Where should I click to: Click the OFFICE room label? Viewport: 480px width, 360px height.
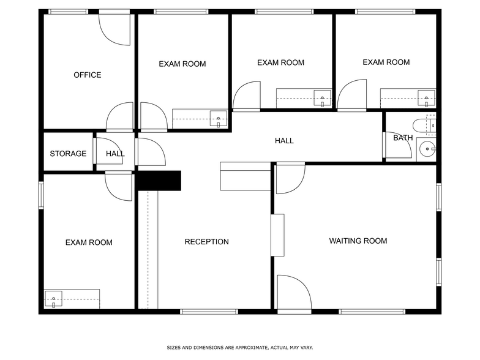(87, 75)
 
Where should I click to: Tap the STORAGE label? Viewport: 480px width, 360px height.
(68, 154)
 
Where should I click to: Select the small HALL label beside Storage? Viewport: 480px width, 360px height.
(115, 154)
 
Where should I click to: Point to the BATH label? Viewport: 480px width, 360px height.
(402, 138)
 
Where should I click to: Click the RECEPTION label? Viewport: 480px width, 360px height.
(206, 242)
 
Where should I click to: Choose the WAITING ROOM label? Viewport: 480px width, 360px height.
(358, 241)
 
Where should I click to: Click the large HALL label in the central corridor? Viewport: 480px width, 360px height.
(284, 141)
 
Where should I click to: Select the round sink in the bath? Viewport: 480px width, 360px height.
(428, 148)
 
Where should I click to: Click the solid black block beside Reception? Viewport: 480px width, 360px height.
(159, 181)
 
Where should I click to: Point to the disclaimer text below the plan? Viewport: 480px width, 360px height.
(239, 348)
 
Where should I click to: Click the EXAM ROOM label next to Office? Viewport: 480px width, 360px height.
(182, 64)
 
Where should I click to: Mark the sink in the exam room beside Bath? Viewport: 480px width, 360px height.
(426, 97)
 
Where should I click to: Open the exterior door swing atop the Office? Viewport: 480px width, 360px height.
(115, 28)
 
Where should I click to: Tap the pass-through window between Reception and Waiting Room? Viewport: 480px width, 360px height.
(278, 234)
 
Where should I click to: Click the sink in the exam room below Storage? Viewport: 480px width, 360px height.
(53, 299)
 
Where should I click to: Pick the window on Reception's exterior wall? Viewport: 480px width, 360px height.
(209, 312)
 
